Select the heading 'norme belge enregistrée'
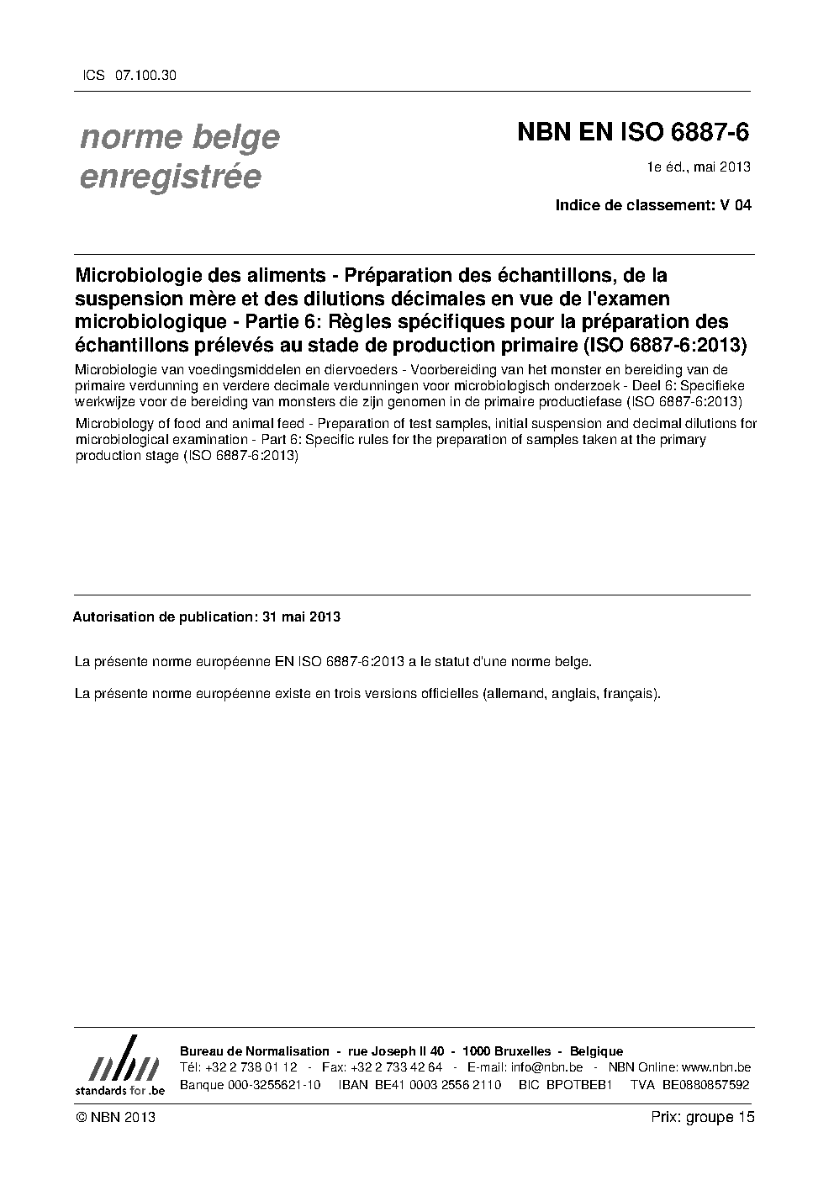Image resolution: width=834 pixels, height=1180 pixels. [179, 156]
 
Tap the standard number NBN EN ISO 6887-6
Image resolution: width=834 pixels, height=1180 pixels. [633, 133]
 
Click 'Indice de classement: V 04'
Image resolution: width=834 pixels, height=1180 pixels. [653, 204]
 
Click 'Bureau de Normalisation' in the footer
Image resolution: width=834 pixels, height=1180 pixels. [255, 1051]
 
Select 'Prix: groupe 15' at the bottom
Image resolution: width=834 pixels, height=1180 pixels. [703, 1117]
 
